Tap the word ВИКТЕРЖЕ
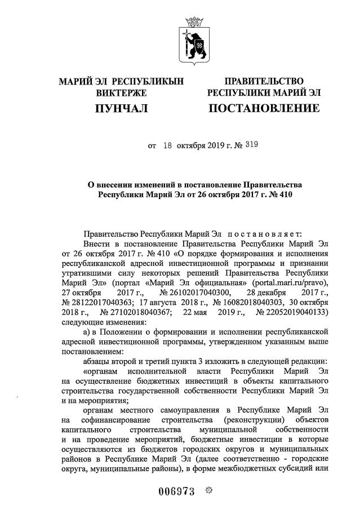[x=121, y=92]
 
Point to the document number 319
[x=251, y=145]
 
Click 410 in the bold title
[x=285, y=194]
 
